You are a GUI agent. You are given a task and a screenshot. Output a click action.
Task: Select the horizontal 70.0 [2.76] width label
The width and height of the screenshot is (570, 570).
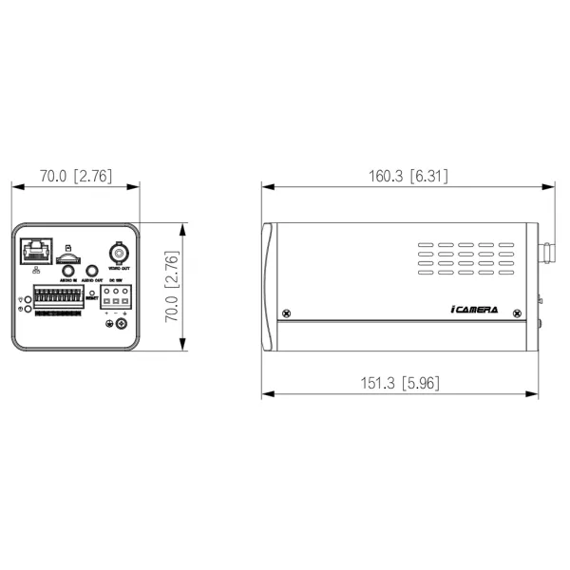pos(76,176)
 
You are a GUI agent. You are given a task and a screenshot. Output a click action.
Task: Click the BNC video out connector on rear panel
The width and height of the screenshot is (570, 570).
pos(119,253)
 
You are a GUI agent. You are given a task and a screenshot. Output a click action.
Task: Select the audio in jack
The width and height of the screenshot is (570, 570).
pos(67,272)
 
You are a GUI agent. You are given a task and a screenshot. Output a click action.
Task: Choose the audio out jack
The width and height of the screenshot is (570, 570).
pos(92,272)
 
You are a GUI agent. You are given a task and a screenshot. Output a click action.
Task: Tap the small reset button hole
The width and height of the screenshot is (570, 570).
pos(92,293)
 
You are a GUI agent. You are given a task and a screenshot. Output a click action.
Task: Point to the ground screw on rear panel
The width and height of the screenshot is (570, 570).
pos(119,326)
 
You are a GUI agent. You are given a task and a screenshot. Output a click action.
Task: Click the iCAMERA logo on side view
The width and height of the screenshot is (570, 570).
pos(472,311)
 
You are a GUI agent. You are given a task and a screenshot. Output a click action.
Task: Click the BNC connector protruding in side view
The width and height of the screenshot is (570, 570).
pos(548,254)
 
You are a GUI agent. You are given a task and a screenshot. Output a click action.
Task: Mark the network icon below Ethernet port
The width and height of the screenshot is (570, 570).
pos(35,272)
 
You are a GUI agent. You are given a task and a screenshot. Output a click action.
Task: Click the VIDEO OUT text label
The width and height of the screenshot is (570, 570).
pos(119,269)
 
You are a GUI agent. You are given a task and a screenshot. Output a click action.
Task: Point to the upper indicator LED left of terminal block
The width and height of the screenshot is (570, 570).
pos(28,299)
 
